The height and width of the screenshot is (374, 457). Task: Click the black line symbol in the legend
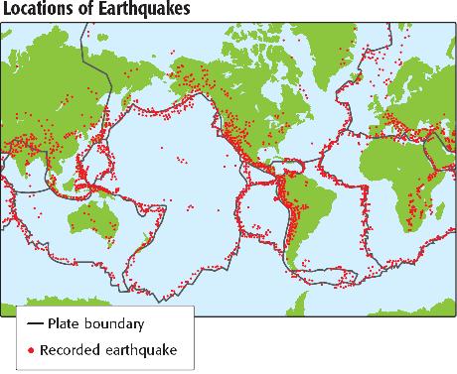click(x=35, y=324)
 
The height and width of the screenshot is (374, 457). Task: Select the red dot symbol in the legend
click(x=34, y=349)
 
